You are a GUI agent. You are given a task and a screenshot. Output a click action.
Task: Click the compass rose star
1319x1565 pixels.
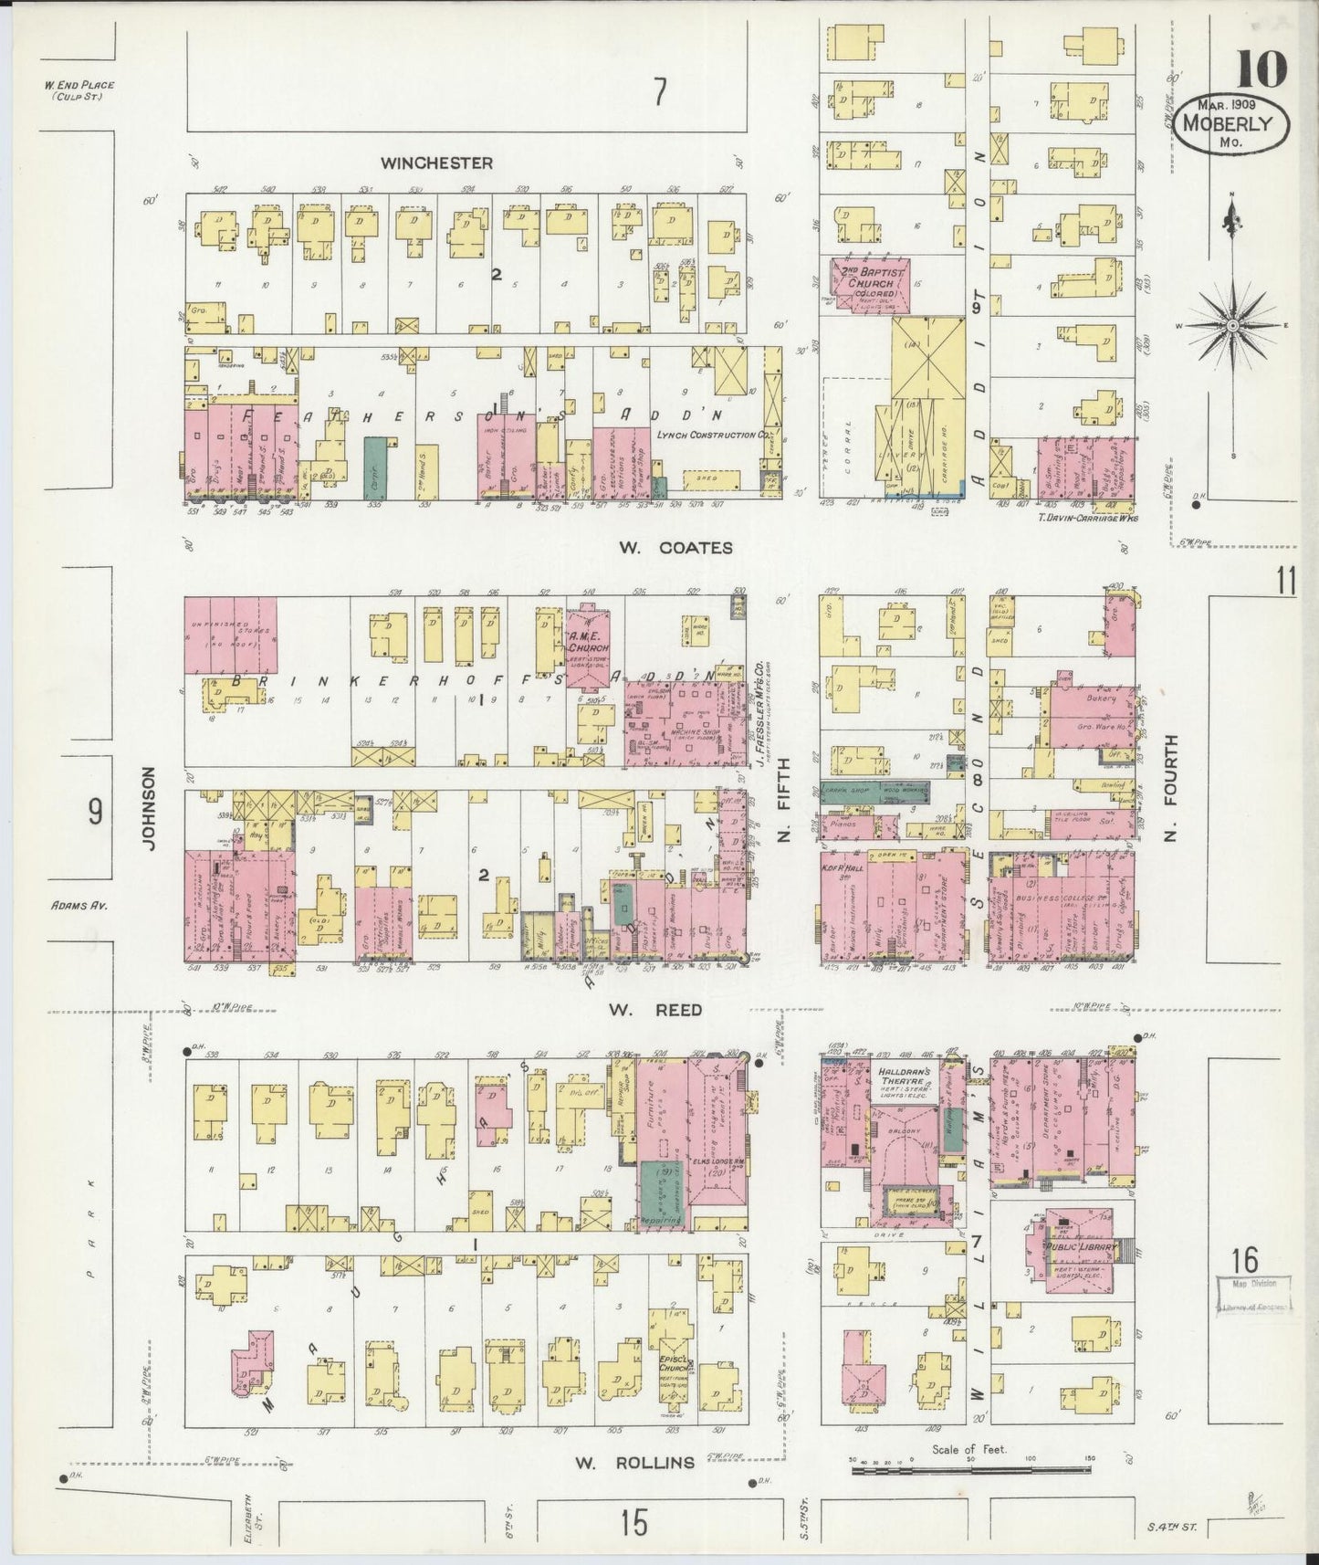point(1232,325)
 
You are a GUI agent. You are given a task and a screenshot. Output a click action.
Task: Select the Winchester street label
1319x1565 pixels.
point(436,163)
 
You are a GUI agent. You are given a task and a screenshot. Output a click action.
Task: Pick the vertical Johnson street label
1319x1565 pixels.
point(150,808)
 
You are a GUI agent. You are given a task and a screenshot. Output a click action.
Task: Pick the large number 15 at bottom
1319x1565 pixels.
point(633,1523)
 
